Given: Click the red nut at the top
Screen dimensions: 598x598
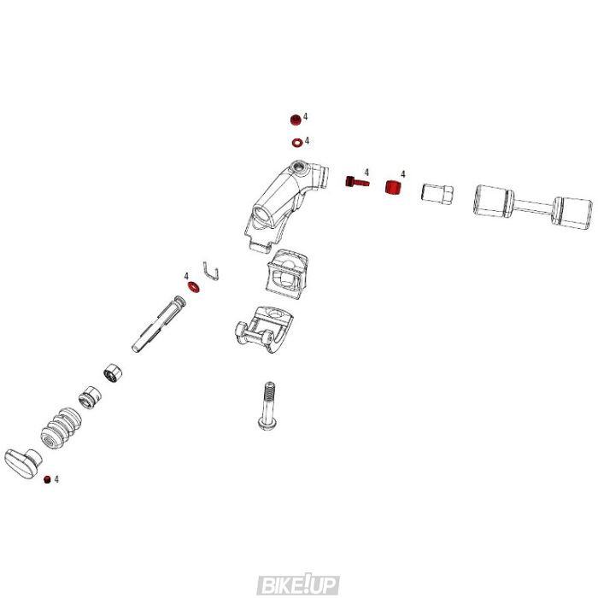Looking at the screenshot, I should click(x=295, y=119).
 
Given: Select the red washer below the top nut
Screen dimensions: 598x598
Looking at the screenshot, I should click(x=295, y=141).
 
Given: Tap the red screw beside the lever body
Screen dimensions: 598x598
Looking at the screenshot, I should click(x=355, y=181).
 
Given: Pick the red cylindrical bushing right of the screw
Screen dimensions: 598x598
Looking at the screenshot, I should click(x=394, y=187).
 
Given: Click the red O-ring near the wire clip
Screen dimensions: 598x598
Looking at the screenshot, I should click(x=194, y=287).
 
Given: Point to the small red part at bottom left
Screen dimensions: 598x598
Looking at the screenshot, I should click(x=49, y=480).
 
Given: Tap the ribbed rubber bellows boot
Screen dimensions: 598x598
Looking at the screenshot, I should click(x=60, y=427).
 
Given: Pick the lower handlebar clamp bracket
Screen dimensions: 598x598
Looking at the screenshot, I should click(x=260, y=326).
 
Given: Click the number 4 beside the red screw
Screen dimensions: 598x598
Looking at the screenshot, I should click(x=366, y=172).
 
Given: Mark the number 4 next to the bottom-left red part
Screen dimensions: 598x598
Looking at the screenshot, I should click(x=57, y=480).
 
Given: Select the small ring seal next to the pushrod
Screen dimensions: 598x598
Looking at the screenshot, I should click(x=111, y=373).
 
